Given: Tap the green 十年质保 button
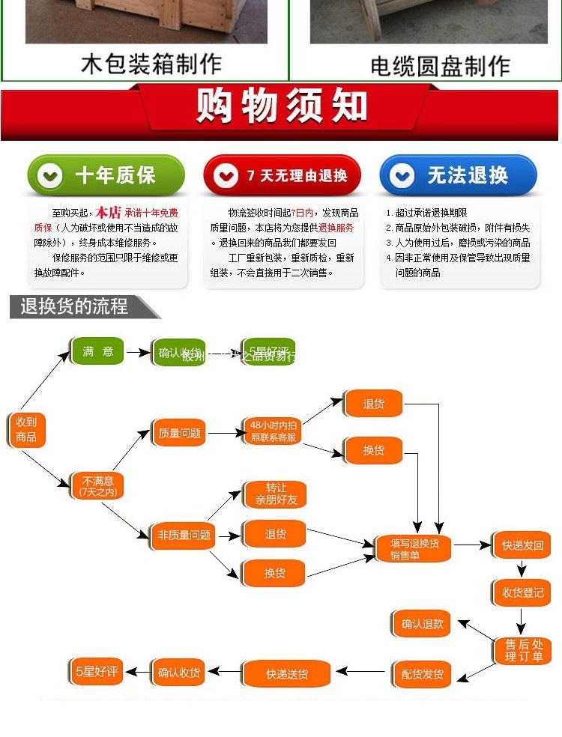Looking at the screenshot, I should tap(105, 176).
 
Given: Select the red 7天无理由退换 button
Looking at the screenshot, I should tap(282, 176).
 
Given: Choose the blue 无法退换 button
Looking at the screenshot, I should tap(458, 176).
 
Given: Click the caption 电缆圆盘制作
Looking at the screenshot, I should tap(440, 65).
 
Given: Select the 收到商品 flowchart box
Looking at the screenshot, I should tap(26, 429).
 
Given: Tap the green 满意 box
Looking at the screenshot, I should tap(97, 351).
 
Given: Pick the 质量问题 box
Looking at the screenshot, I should tap(179, 433).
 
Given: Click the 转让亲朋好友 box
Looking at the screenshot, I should tap(275, 494).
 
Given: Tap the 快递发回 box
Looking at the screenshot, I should tap(522, 545).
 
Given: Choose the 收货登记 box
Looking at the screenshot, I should tap(522, 592).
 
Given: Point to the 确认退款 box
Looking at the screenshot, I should tap(422, 623).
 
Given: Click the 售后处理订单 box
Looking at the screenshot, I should tap(522, 650).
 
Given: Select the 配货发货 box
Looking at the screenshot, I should tap(422, 674).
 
